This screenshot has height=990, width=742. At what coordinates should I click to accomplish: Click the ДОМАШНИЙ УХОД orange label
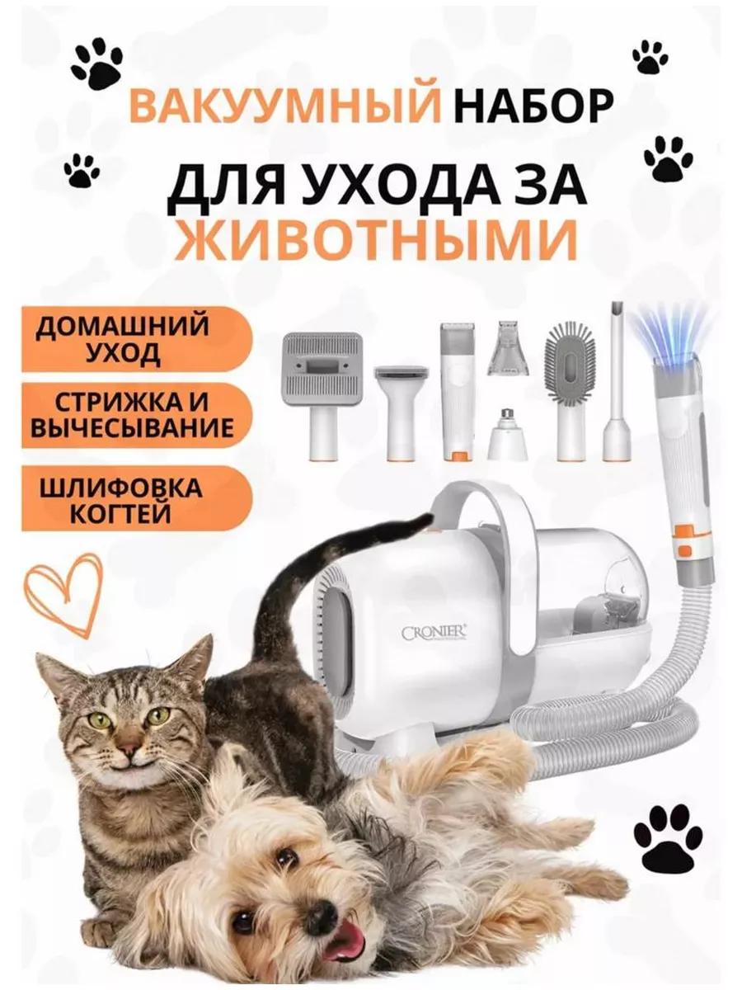coord(135,339)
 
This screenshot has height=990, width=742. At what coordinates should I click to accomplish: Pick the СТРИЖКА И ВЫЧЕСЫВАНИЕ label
coord(135,416)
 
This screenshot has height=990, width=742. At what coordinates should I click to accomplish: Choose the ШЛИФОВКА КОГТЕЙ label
coord(135,499)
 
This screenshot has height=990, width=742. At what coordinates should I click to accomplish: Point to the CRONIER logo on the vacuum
coord(434,633)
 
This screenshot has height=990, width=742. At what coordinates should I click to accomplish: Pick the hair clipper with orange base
coord(458,391)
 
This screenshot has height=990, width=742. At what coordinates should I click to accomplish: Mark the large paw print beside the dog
coord(668,838)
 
